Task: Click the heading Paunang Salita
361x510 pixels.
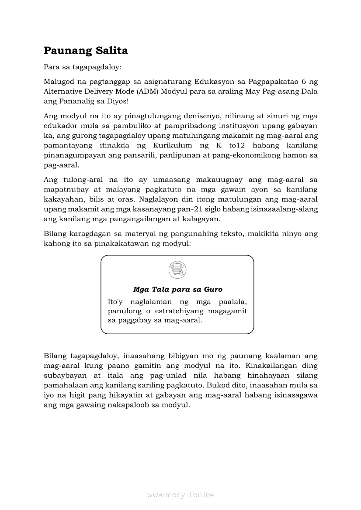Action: [x=86, y=51]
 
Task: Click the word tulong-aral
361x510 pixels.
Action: [x=83, y=180]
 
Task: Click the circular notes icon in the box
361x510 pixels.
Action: [x=177, y=270]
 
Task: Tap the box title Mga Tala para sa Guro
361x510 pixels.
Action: [x=177, y=289]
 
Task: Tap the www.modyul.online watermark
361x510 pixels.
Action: [x=180, y=495]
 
